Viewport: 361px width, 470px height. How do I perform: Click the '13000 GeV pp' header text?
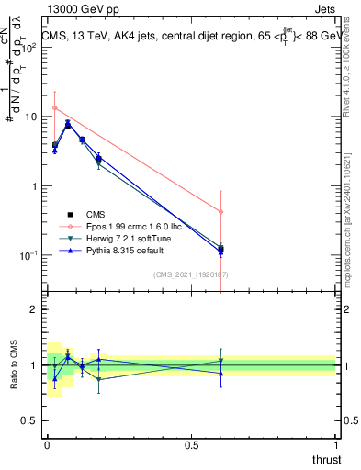point(77,7)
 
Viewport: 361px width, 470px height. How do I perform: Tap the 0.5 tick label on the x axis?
point(191,444)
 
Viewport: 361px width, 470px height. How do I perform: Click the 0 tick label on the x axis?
point(48,444)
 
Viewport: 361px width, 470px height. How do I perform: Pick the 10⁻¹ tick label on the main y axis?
point(28,254)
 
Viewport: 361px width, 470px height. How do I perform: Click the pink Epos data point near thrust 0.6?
point(220,212)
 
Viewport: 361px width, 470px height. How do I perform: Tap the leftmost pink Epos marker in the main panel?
point(55,108)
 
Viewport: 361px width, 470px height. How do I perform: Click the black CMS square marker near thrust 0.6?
point(220,249)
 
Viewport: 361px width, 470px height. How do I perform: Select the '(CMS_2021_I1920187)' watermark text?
point(190,274)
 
